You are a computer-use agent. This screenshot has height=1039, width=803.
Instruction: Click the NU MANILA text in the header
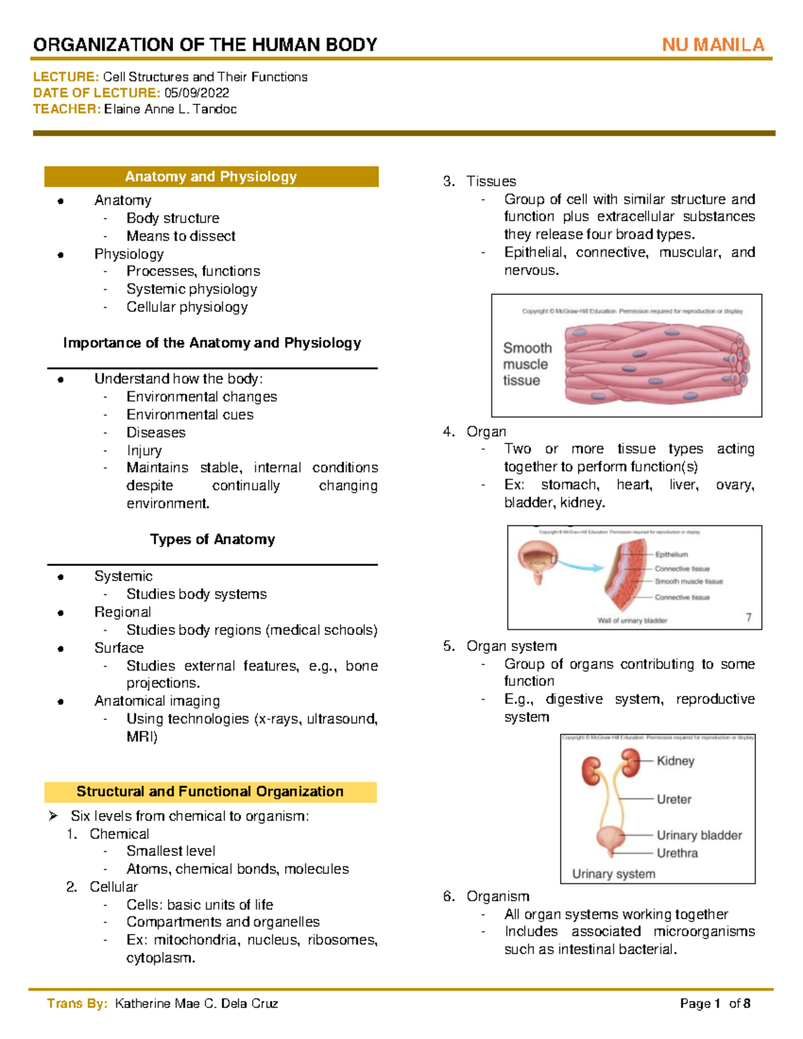[x=713, y=45]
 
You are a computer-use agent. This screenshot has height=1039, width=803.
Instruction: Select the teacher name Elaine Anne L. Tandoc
[x=170, y=109]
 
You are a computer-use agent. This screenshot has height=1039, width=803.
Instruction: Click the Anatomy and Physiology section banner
[x=211, y=177]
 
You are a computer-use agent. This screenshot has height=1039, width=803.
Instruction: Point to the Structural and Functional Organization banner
[x=210, y=791]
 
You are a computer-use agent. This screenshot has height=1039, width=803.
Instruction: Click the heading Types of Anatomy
[x=212, y=539]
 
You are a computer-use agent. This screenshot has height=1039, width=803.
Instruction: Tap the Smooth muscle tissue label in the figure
[x=527, y=364]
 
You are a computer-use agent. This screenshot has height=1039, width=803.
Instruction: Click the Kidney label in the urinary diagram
[x=675, y=761]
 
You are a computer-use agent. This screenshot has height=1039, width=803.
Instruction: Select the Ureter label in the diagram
[x=674, y=799]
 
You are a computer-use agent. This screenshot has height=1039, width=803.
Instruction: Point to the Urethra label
[x=677, y=853]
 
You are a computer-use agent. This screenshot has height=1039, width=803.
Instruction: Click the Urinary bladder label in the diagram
[x=699, y=835]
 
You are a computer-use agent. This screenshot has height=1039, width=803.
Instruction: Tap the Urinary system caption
[x=614, y=874]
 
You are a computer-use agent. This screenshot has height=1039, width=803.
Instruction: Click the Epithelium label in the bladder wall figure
[x=671, y=555]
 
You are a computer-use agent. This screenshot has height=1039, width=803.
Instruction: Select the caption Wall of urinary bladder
[x=632, y=621]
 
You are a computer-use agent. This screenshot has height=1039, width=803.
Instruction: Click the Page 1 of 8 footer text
[x=715, y=1004]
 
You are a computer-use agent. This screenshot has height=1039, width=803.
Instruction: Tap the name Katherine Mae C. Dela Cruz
[x=196, y=1004]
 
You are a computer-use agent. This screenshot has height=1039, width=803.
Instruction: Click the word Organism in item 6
[x=498, y=896]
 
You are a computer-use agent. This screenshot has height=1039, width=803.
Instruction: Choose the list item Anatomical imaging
[x=157, y=700]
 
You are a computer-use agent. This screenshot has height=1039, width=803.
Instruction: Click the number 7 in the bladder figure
[x=749, y=618]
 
